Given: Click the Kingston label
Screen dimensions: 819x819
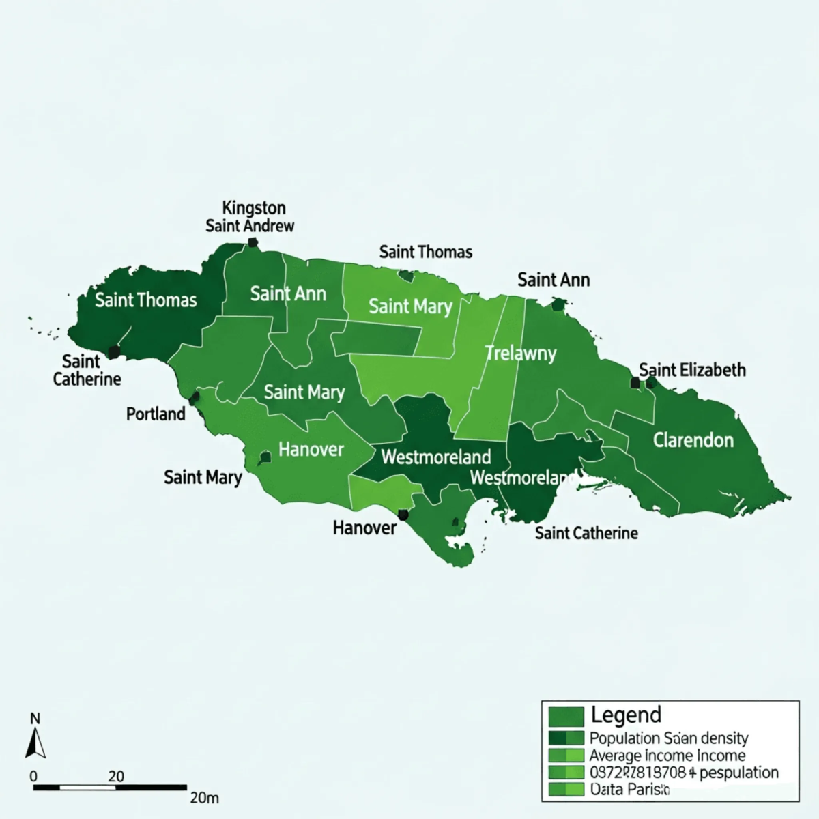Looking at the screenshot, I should tap(254, 207).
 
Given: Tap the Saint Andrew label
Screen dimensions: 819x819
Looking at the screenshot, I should tap(250, 226).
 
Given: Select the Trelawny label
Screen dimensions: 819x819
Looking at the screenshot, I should tap(521, 354).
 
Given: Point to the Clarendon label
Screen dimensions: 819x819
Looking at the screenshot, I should tap(693, 440).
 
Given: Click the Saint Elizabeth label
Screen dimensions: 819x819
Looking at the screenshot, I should tap(692, 370).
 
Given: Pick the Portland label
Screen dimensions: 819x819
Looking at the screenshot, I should tap(156, 414).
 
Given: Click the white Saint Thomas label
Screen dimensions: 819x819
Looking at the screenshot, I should tap(145, 300).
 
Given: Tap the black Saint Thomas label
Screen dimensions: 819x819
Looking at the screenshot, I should tap(425, 252).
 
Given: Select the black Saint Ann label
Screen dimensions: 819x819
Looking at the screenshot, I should tap(553, 280).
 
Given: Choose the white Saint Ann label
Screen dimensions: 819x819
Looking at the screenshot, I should tap(287, 294).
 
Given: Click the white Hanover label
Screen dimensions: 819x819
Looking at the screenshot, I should tap(311, 449).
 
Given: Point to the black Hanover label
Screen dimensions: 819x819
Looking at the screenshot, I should tap(364, 528).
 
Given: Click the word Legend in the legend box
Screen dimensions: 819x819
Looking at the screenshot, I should tap(626, 715).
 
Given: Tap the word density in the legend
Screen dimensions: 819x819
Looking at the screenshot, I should tap(724, 738).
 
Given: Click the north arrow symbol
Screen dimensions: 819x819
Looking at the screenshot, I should tap(35, 743).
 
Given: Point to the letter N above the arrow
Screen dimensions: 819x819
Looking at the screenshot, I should tap(35, 718).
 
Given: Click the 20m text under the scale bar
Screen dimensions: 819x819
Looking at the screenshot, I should tap(204, 797).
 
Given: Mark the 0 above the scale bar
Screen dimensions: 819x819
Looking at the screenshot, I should tap(33, 776).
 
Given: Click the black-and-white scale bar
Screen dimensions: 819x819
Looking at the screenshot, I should tap(109, 788).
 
